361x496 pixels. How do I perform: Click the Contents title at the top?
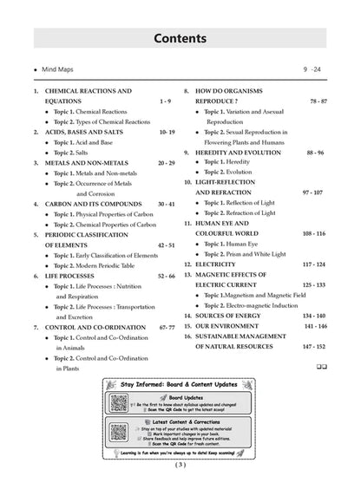(180, 39)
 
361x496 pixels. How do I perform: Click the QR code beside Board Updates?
(119, 402)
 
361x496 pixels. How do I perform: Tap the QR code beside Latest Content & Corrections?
(119, 431)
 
